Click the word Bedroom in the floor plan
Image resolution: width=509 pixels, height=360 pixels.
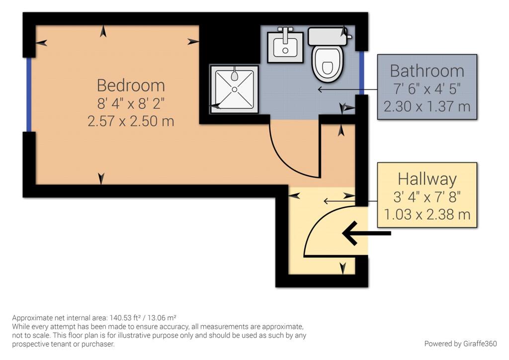(x=131, y=86)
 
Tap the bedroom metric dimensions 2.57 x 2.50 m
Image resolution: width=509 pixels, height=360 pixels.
(x=131, y=121)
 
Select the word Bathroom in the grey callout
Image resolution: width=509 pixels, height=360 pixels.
(x=427, y=71)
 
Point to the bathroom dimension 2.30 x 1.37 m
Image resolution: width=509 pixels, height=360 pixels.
(x=427, y=106)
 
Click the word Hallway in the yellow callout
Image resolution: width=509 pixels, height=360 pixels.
(x=427, y=179)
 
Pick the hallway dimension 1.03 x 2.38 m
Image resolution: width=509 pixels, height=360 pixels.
(x=427, y=214)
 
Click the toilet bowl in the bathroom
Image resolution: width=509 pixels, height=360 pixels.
(x=327, y=64)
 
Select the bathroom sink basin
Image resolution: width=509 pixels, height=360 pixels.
(x=285, y=48)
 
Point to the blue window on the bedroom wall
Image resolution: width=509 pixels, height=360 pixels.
(x=29, y=94)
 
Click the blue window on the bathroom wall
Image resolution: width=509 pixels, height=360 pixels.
(x=362, y=73)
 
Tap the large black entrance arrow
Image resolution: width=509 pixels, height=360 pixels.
(x=366, y=233)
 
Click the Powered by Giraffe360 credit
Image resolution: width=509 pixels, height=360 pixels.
(x=460, y=344)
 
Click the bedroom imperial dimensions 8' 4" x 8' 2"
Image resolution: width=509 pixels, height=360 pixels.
(x=131, y=103)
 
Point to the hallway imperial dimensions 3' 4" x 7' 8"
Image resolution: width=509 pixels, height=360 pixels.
(x=427, y=197)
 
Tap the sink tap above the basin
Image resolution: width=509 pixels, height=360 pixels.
(x=285, y=35)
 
